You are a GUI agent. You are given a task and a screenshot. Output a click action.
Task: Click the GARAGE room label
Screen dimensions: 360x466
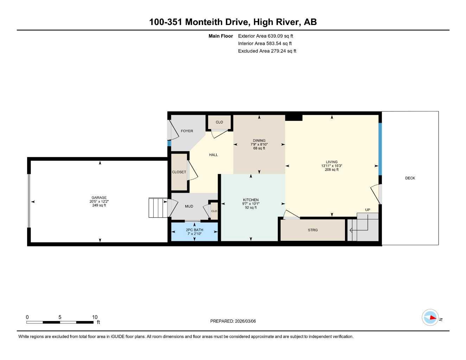pos(99,198)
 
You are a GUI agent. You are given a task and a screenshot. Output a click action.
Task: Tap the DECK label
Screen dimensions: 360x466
pos(410,178)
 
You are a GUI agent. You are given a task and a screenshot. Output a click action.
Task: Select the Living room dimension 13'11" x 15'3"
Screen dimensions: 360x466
pos(331,166)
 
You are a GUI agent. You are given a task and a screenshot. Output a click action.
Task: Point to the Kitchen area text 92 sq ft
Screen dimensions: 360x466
pos(251,208)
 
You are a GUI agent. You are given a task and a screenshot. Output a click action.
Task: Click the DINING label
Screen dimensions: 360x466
pos(259,141)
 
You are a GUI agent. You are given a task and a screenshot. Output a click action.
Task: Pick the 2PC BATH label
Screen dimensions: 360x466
pos(194,230)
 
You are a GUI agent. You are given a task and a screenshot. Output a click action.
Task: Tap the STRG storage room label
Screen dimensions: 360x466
pos(313,230)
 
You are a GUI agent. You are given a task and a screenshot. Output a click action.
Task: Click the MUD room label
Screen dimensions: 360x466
pos(189,206)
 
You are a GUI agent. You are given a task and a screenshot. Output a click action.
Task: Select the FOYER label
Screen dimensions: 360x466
pos(187,131)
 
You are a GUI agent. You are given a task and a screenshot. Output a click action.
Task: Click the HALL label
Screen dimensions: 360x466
pos(213,155)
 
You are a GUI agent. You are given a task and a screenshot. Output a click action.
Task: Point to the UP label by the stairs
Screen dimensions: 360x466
pos(368,210)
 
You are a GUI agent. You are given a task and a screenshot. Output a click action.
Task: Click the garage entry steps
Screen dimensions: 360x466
pos(158,208)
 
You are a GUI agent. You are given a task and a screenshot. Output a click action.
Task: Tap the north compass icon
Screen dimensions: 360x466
pos(430,318)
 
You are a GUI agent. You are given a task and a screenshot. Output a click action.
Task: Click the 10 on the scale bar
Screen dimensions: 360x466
pos(95,317)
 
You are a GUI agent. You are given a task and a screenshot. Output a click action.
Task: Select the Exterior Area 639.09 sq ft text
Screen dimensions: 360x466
pos(266,36)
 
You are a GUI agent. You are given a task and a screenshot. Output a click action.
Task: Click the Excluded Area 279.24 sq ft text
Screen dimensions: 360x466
pos(267,51)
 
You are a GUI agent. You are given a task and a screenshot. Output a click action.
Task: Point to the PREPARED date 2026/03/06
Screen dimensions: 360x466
pos(233,321)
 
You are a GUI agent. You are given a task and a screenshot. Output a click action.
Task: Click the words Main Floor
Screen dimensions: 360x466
pos(221,36)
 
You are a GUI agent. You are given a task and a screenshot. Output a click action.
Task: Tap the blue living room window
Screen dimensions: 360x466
pos(380,149)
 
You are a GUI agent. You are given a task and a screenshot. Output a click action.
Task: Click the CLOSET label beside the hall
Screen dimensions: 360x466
pos(179,172)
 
